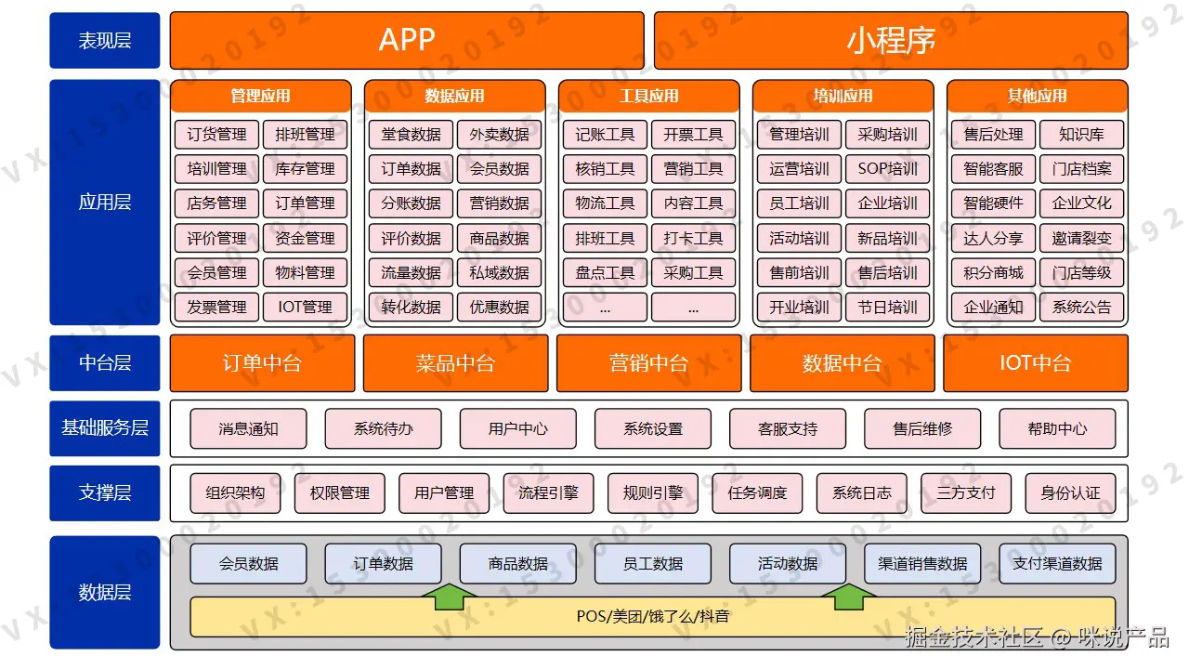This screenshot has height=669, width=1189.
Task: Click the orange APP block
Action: pos(407,40)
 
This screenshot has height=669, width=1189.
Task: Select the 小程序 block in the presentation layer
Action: pos(891,40)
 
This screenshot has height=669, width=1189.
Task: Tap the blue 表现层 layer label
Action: pos(105,40)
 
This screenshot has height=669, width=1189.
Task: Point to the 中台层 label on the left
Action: pos(105,362)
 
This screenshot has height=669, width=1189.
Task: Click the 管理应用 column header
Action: pos(260,96)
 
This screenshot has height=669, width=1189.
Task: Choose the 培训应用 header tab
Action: pos(843,96)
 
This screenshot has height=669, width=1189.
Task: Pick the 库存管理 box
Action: pos(305,169)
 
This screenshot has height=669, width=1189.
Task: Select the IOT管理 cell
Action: pos(305,307)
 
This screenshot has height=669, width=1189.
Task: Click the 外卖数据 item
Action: pos(499,135)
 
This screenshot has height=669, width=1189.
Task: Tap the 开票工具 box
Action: pos(693,135)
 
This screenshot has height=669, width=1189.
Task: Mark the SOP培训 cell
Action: pos(887,169)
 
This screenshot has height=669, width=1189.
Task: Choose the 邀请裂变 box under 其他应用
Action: pos(1081,238)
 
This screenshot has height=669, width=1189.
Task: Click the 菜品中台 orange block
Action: pos(455,362)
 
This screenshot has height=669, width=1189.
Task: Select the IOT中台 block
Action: pos(1036,362)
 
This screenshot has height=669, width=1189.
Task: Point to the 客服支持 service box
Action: pos(788,429)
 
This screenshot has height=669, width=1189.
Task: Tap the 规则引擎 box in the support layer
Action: pos(653,493)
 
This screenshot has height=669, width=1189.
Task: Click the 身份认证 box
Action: pos(1070,493)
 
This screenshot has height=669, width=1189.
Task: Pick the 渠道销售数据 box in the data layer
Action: pos(922,564)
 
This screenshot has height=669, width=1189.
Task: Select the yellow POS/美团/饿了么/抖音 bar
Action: pos(652,617)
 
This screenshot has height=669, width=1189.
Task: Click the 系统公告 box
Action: pos(1081,307)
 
